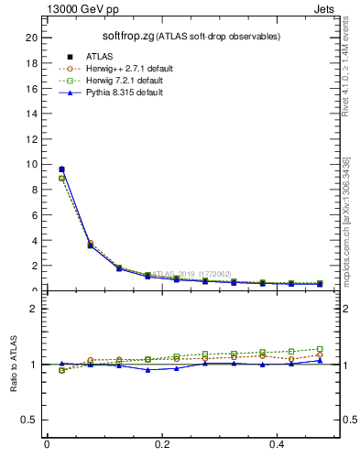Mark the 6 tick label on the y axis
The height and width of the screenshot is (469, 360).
tap(34, 215)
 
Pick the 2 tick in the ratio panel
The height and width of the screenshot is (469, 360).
tap(34, 309)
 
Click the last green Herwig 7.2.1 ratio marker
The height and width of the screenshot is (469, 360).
tap(320, 349)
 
